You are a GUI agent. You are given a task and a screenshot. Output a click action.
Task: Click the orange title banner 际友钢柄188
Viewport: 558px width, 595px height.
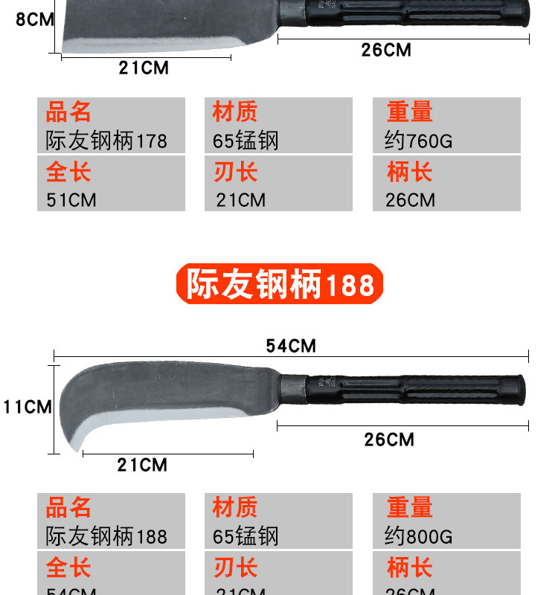279,284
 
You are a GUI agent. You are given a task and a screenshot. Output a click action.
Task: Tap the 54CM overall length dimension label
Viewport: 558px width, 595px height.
291,346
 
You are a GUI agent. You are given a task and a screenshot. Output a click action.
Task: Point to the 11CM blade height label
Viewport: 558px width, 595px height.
27,407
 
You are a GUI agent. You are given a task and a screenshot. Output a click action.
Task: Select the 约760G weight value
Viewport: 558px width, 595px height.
418,141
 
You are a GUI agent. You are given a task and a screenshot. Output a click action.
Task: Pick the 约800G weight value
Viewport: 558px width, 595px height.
418,536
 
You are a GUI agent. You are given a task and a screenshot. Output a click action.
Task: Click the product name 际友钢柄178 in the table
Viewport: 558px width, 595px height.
106,141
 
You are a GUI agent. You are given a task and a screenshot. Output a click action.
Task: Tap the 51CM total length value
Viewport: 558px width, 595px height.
71,200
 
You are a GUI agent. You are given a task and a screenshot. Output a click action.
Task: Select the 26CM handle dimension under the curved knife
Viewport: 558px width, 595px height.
388,440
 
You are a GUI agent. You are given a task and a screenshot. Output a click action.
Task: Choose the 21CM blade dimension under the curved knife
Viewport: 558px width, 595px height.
142,466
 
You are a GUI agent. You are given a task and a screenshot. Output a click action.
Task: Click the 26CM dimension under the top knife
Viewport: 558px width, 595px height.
386,50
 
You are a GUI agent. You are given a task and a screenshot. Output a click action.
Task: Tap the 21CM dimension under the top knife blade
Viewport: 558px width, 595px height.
144,68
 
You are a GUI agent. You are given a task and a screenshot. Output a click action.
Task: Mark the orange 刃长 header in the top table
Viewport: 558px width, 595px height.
235,172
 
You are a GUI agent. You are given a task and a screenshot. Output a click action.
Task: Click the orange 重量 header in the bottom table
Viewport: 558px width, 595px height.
409,508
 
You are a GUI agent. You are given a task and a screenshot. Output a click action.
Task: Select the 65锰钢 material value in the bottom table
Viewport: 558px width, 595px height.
246,536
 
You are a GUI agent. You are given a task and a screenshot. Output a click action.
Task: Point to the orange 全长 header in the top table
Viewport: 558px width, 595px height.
68,172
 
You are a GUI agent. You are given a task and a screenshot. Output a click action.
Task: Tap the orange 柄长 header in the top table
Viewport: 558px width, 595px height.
409,172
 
